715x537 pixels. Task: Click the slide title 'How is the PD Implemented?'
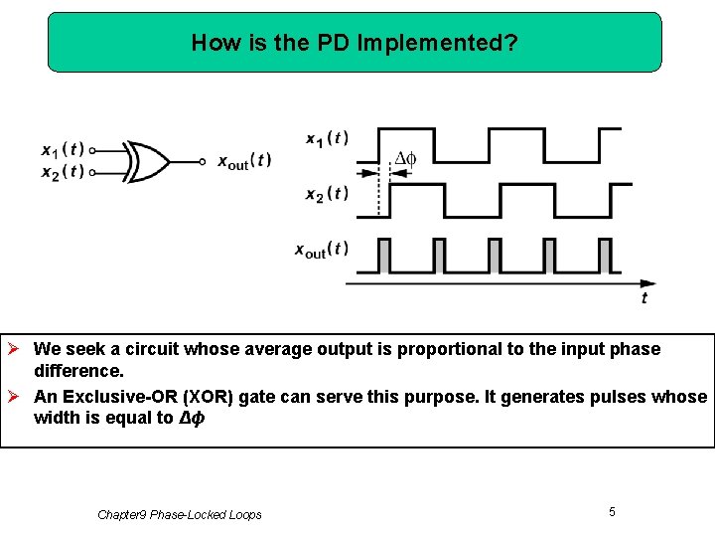coord(355,43)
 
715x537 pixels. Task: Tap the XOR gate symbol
coord(146,161)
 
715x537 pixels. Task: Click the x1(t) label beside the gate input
coord(62,150)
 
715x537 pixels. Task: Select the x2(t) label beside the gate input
coord(62,172)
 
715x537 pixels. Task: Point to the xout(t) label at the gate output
coord(244,161)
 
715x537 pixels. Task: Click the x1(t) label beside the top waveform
coord(327,138)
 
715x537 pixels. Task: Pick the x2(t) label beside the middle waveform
coord(327,193)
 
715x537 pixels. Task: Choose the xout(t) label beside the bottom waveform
coord(322,250)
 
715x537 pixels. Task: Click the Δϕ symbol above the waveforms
coord(405,158)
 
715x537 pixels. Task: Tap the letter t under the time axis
coord(644,297)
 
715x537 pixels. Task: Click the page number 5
coord(612,511)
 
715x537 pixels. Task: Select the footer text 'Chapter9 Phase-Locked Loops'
coord(180,514)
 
